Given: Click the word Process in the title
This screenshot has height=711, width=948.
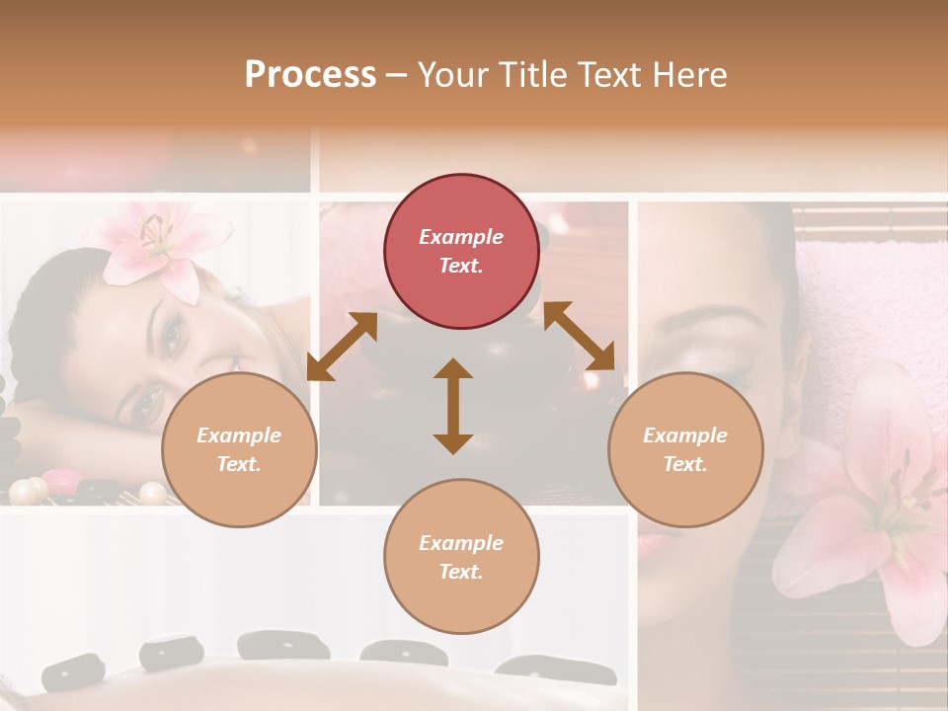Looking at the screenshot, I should (x=310, y=75).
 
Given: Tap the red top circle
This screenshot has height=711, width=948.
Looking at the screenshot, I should (x=461, y=251).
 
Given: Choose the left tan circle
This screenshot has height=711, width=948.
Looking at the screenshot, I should (x=239, y=449).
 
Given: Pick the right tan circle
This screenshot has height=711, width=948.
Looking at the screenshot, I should (x=685, y=449).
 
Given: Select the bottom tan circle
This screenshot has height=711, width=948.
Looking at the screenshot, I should (x=461, y=557).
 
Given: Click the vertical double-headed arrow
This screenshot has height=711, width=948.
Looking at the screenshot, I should (x=453, y=406).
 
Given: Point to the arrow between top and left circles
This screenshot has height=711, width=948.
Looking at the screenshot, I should (x=342, y=347).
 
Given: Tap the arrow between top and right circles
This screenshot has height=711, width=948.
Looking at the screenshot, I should (x=579, y=336).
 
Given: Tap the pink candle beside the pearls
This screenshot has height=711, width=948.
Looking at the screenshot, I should (x=60, y=479).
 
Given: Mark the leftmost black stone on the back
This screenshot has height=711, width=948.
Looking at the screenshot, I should (x=75, y=672).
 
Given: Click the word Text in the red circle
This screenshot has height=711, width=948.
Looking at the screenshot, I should (x=461, y=266).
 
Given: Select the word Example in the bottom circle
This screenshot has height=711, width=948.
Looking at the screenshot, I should (x=461, y=543).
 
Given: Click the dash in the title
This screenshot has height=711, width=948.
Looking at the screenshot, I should (x=397, y=75).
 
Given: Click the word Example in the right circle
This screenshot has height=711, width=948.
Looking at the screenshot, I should (x=685, y=435).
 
